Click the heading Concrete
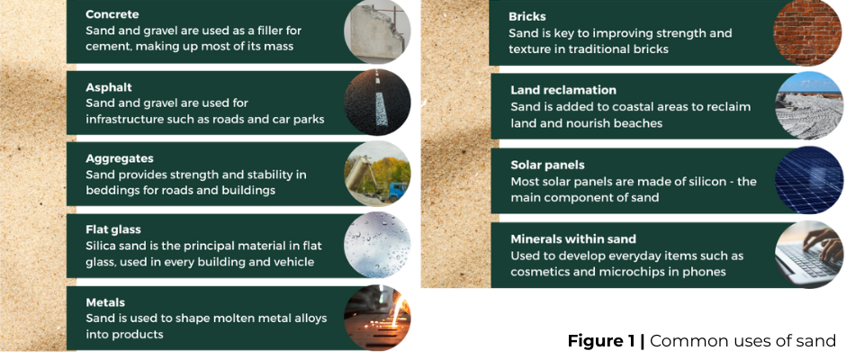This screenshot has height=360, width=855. click(112, 14)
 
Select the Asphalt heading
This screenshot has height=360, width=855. click(109, 87)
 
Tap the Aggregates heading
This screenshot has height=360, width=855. click(120, 158)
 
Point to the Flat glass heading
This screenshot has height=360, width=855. click(112, 230)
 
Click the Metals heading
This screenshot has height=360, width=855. click(105, 302)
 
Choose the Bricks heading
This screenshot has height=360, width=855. click(527, 17)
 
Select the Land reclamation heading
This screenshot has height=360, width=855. click(563, 90)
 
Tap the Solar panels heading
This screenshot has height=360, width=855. click(547, 165)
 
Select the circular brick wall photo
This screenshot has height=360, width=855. click(807, 32)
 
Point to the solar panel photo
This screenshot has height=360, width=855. click(809, 179)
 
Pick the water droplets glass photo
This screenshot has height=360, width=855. click(377, 245)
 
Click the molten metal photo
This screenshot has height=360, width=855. click(377, 317)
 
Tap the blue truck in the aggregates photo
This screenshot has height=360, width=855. click(397, 192)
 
